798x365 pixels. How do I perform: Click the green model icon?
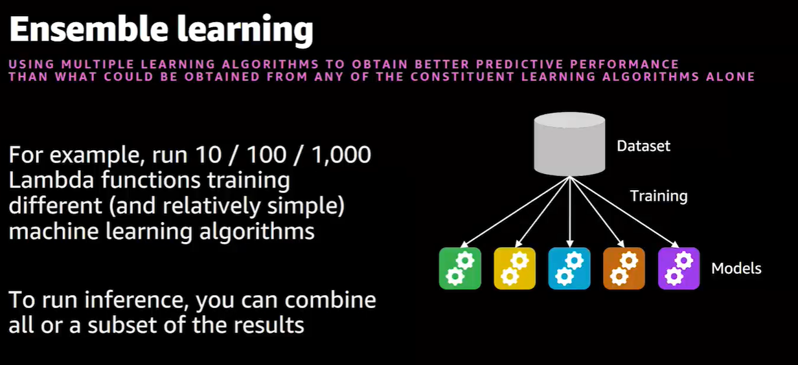click(x=460, y=269)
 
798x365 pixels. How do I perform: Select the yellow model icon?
click(x=515, y=269)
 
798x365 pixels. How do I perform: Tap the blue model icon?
click(x=569, y=269)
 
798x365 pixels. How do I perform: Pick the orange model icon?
click(x=624, y=269)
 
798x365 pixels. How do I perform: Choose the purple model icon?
click(x=679, y=269)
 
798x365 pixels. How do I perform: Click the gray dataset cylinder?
click(x=569, y=144)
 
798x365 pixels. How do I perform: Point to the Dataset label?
click(x=643, y=146)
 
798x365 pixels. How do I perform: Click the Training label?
click(x=659, y=196)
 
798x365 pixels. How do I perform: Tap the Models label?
click(x=736, y=269)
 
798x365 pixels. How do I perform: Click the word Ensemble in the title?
click(x=89, y=29)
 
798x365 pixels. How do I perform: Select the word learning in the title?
click(x=245, y=30)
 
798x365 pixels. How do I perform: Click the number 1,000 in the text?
click(x=341, y=155)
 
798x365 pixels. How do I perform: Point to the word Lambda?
click(x=51, y=180)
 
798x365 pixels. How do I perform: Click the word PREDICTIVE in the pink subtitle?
click(x=519, y=64)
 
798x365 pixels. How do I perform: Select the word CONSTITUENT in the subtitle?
click(x=462, y=76)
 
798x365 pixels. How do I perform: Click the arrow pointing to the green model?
click(x=515, y=212)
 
